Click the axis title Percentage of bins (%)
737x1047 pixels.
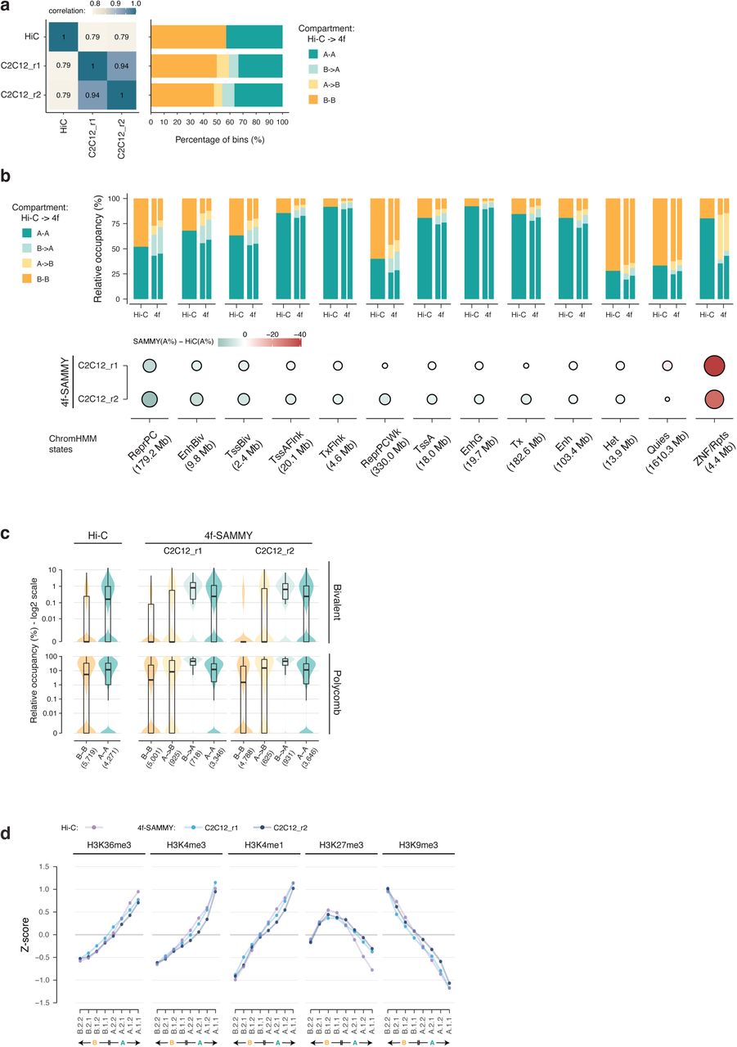pyautogui.click(x=217, y=139)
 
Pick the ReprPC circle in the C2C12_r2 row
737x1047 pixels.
pyautogui.click(x=149, y=399)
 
